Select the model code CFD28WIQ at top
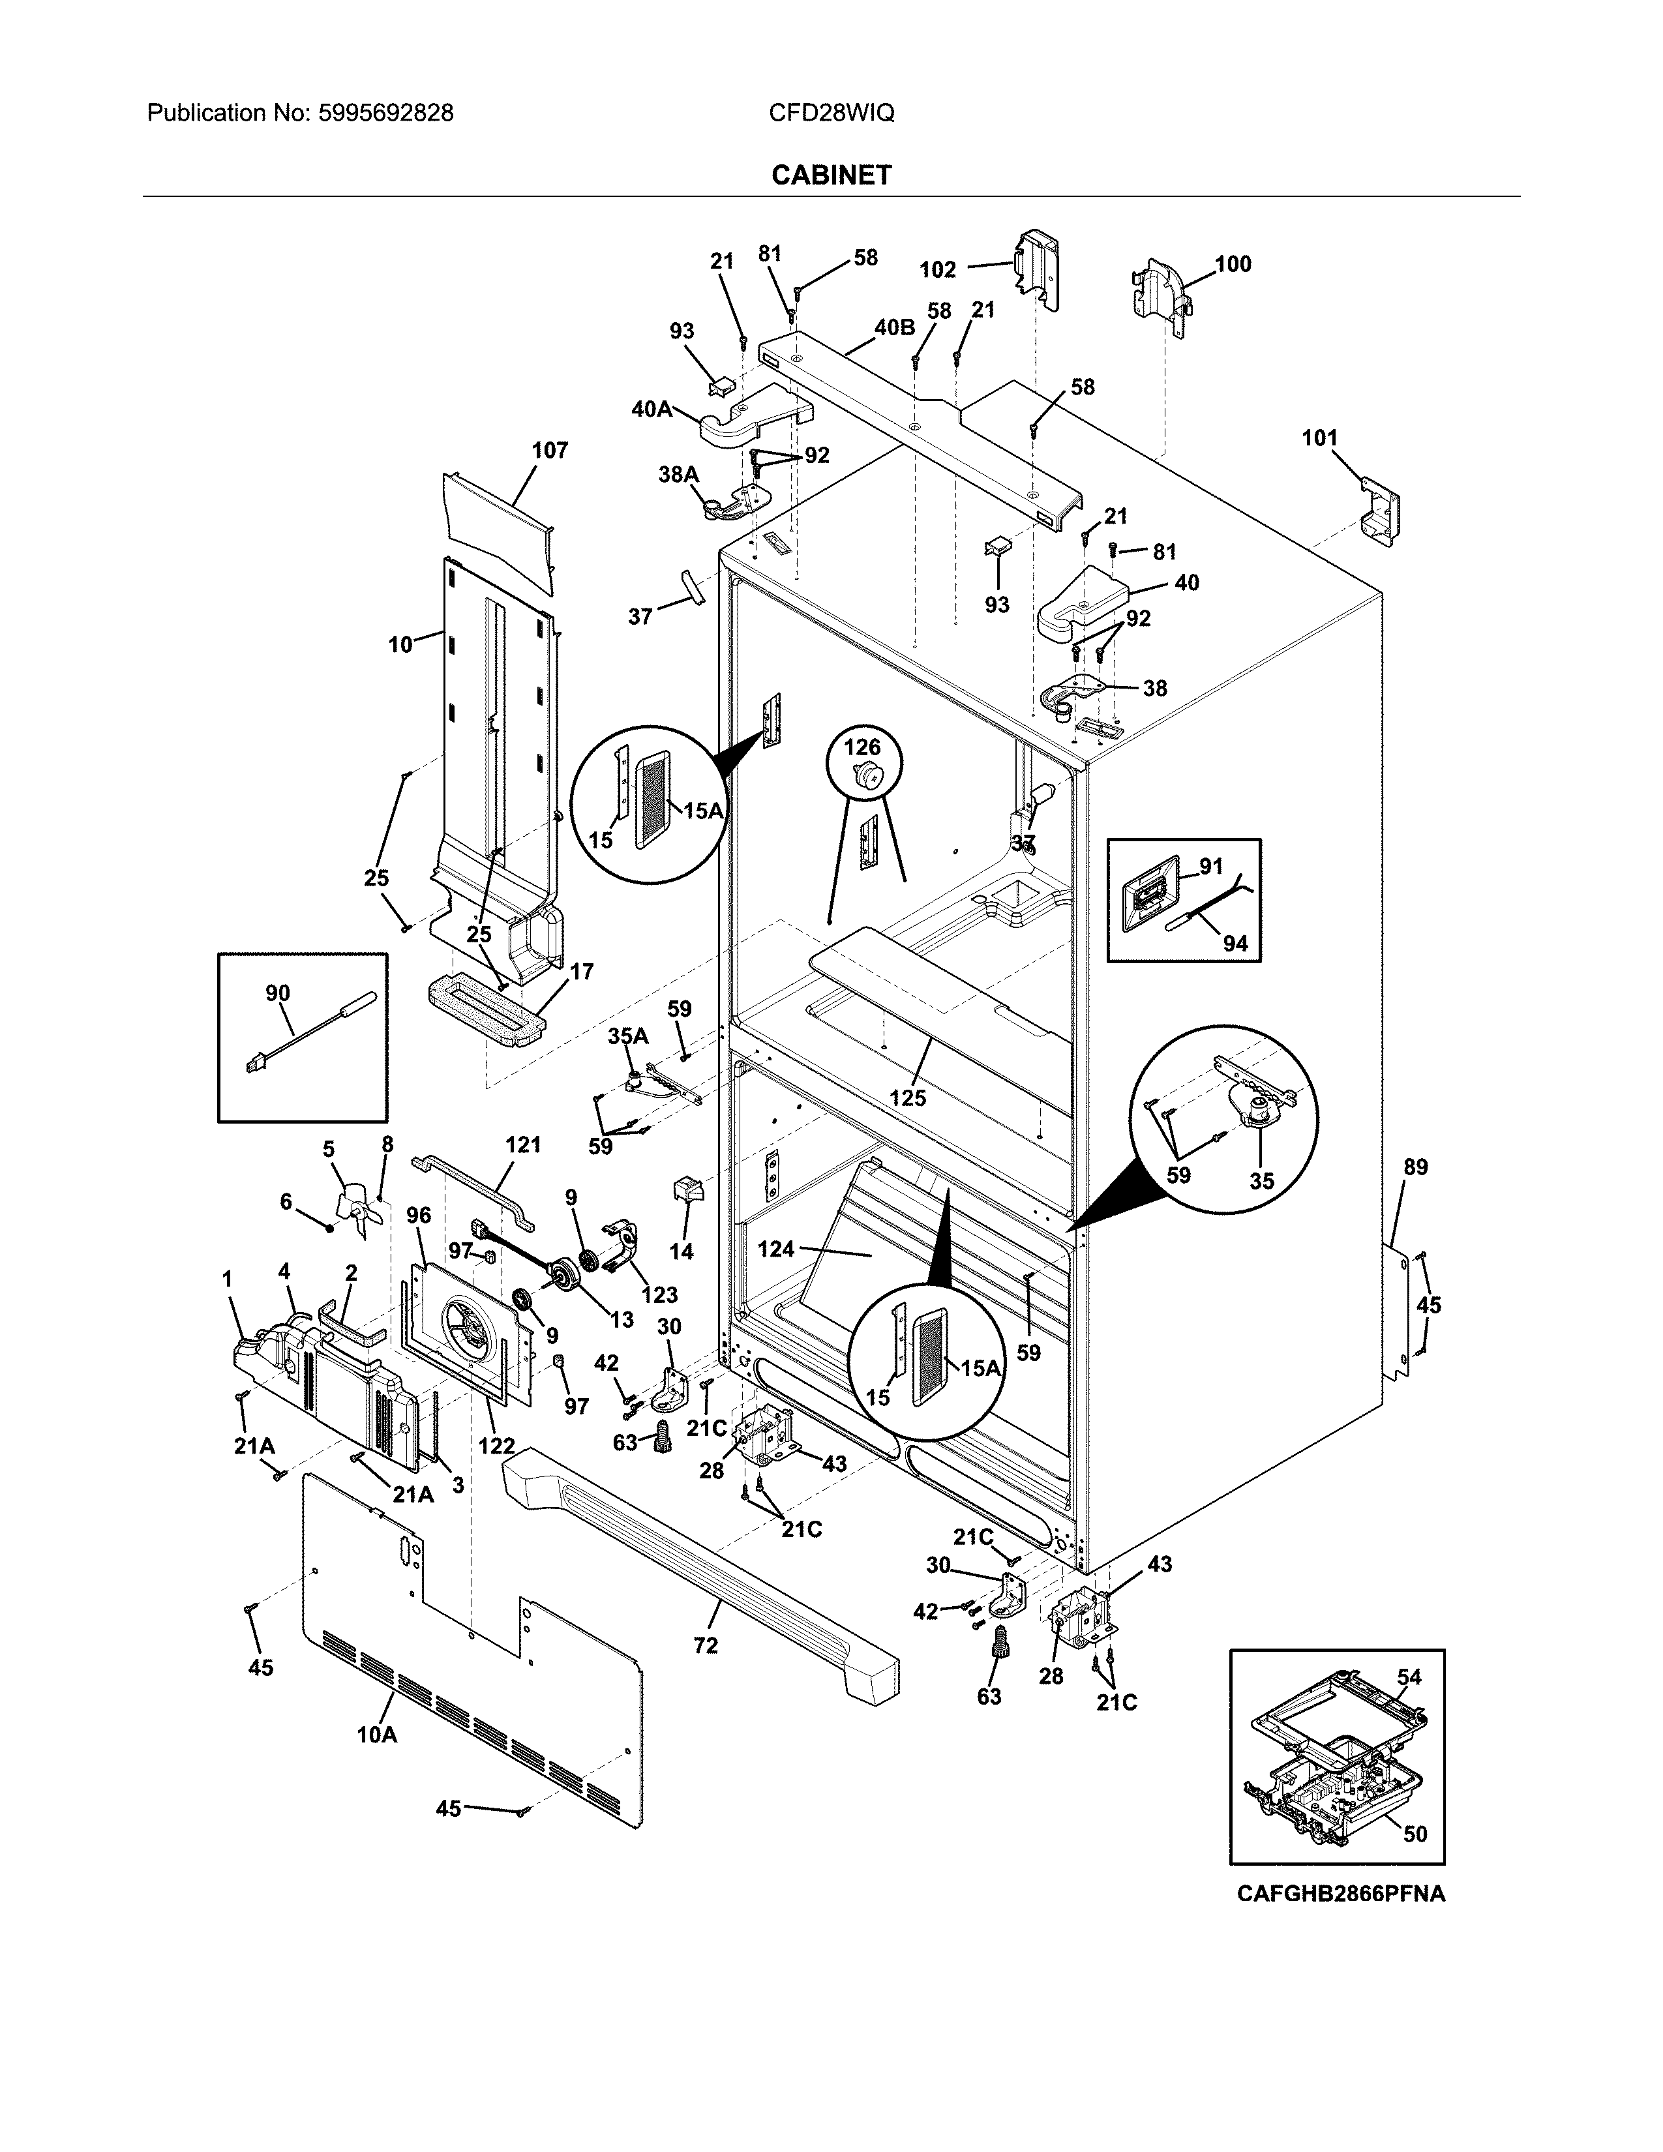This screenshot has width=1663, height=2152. [831, 113]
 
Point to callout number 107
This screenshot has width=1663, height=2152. [550, 451]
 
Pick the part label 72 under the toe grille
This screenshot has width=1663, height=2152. [706, 1645]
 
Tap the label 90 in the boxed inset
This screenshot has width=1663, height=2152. [278, 993]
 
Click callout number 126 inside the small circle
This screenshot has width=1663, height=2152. [862, 748]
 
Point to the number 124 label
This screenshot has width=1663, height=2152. [775, 1249]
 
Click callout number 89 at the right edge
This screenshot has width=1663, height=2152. [1416, 1167]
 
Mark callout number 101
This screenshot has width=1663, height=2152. [1320, 438]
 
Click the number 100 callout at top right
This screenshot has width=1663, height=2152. [1233, 264]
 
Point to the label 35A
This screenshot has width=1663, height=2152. [627, 1036]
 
